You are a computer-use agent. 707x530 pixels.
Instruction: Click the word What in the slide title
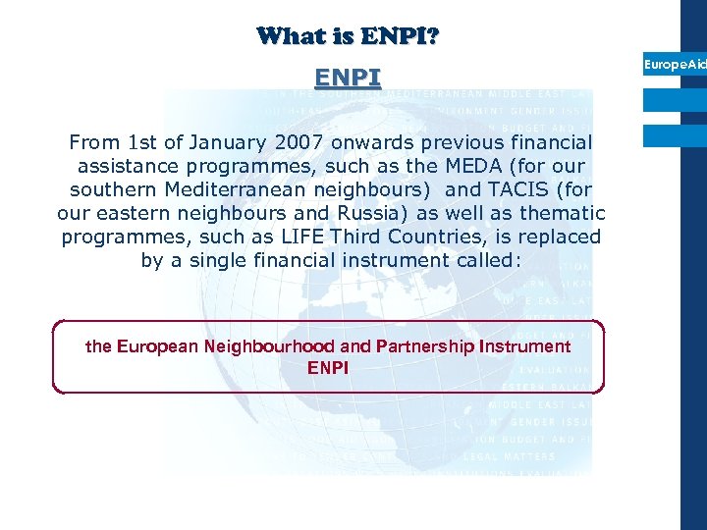coord(288,37)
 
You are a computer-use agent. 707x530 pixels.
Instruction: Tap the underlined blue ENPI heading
coord(348,77)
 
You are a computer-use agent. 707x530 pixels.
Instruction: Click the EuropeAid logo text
coord(675,65)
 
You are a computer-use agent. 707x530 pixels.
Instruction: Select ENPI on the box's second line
coord(328,368)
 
